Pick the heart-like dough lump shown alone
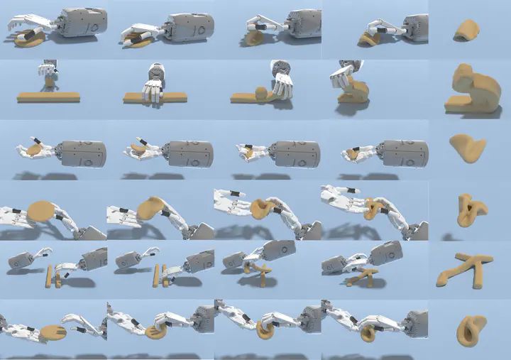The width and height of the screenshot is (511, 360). tap(467, 146)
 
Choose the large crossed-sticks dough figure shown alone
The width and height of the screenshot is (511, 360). tap(468, 269)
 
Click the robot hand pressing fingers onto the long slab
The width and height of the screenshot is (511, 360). tap(152, 89)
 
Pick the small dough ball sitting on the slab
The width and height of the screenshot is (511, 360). tap(261, 93)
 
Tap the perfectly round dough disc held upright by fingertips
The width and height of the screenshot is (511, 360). tap(43, 211)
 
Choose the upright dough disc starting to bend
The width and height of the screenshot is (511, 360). tap(150, 208)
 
